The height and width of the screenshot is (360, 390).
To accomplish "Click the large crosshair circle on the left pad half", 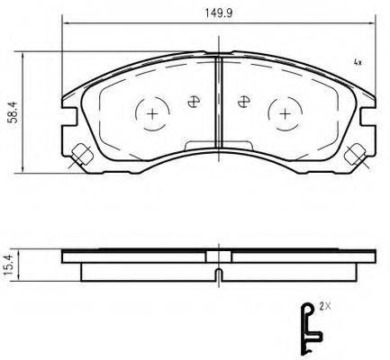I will click(151, 113).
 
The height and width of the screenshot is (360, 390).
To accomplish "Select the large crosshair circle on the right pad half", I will click(284, 113).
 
